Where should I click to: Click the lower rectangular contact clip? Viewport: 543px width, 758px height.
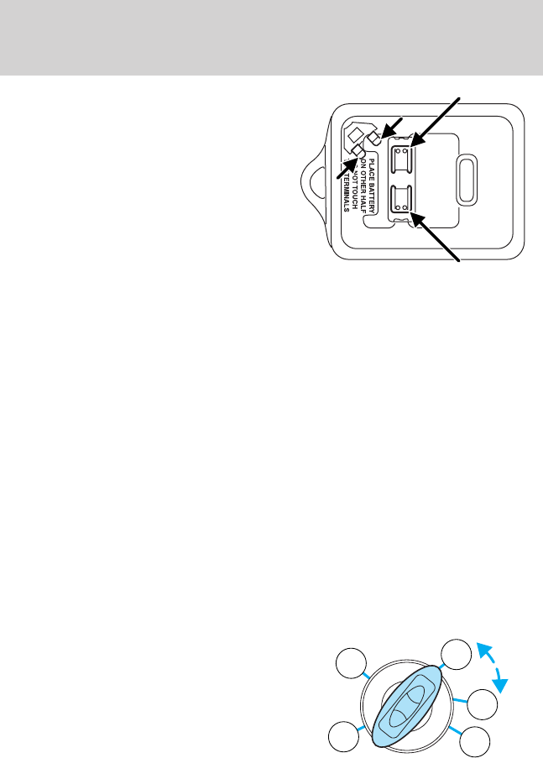[x=401, y=198]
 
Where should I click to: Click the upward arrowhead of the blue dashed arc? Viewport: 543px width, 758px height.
[x=481, y=645]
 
